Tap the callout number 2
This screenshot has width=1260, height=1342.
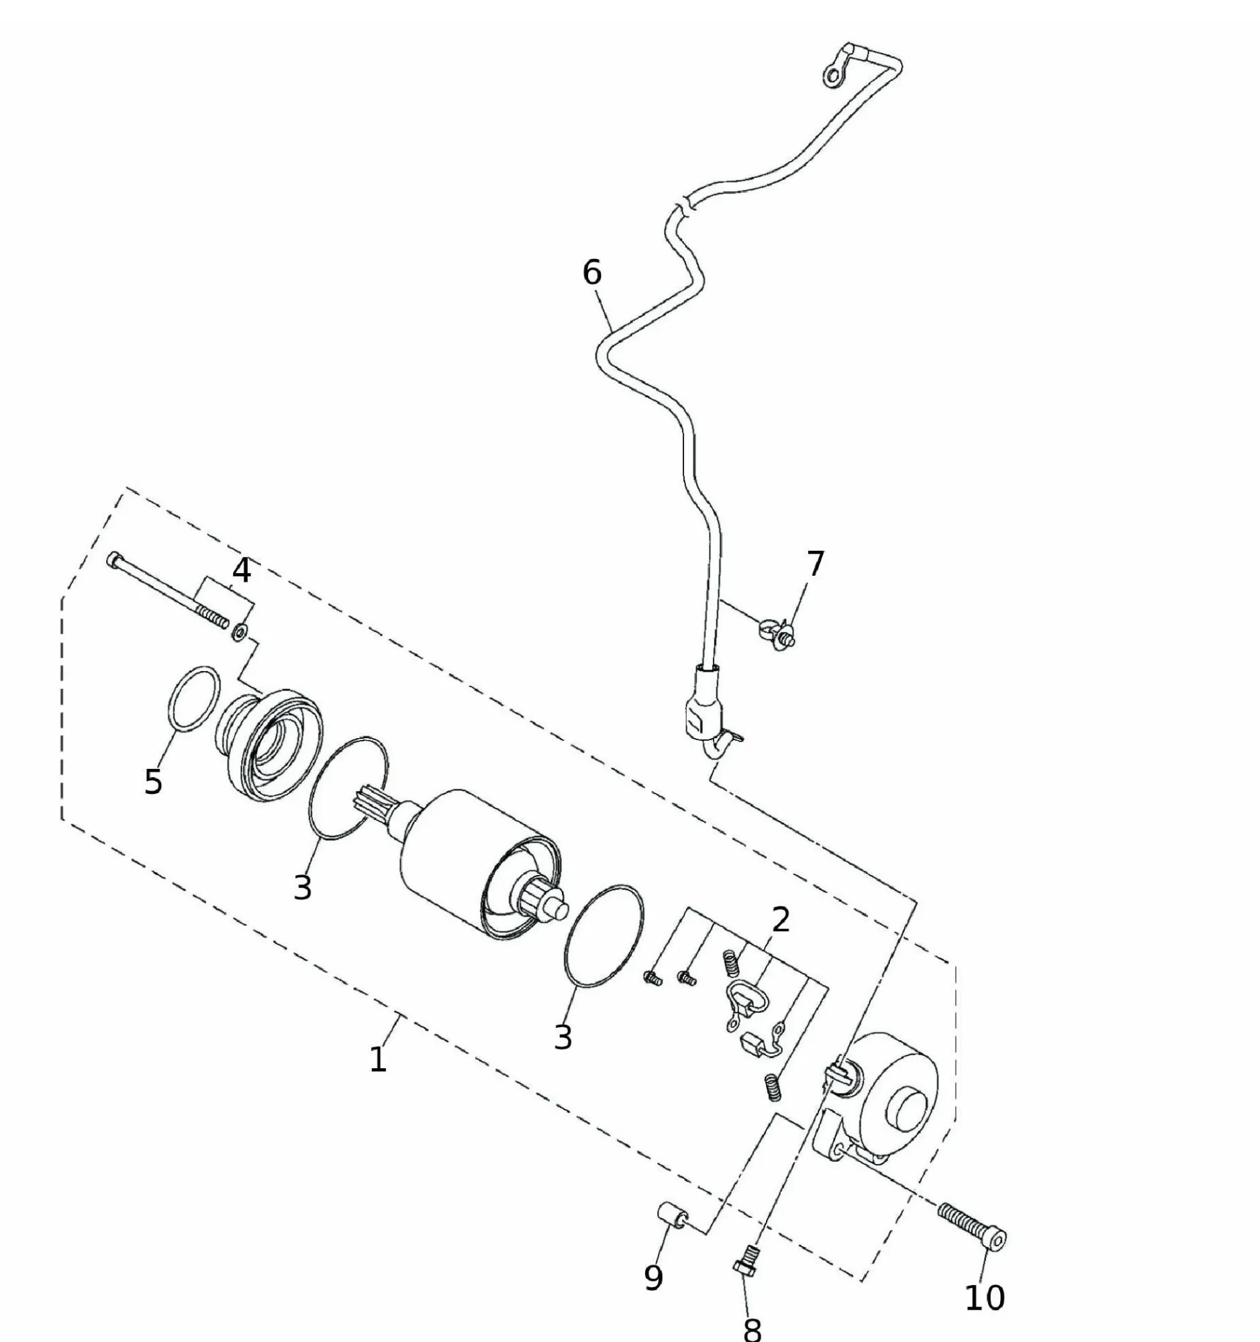click(780, 919)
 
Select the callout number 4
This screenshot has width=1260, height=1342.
click(241, 570)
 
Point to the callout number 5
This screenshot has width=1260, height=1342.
click(153, 782)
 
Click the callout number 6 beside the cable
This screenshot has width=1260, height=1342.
click(591, 272)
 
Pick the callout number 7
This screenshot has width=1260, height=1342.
click(816, 563)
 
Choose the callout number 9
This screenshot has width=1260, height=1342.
click(653, 1276)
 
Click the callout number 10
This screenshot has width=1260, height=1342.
click(985, 1297)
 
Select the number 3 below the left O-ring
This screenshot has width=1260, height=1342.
click(303, 886)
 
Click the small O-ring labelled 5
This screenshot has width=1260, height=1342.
click(194, 698)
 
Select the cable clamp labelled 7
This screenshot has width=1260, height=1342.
click(777, 632)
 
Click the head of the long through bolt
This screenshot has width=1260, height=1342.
click(113, 559)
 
